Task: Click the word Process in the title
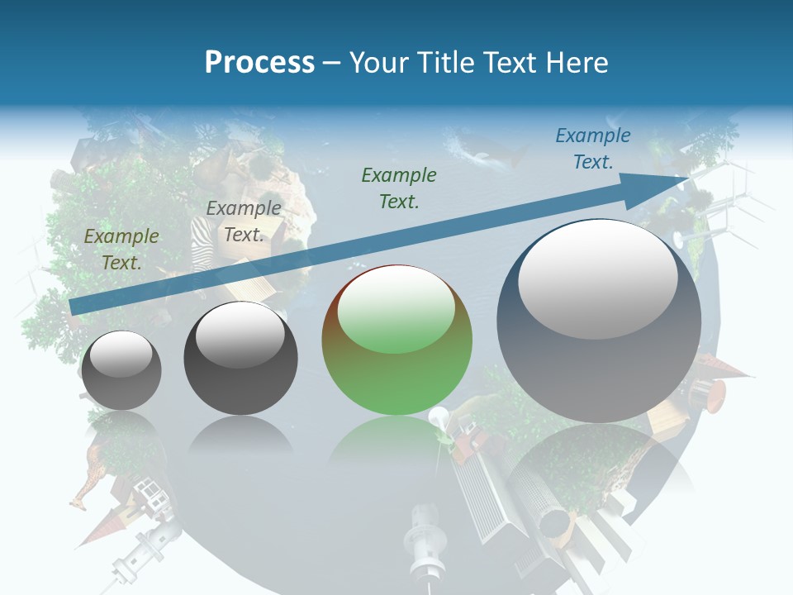point(259,62)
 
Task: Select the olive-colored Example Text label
point(121,250)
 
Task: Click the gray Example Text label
point(244,221)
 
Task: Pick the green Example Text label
point(399,188)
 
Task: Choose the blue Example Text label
point(593,149)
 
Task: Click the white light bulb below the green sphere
point(437,417)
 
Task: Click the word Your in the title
point(377,62)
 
